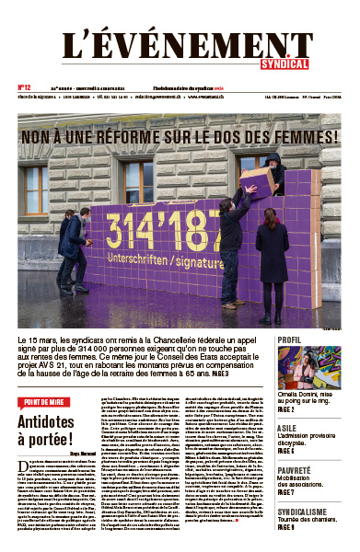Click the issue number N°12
click(x=25, y=87)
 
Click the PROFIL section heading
click(x=263, y=339)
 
